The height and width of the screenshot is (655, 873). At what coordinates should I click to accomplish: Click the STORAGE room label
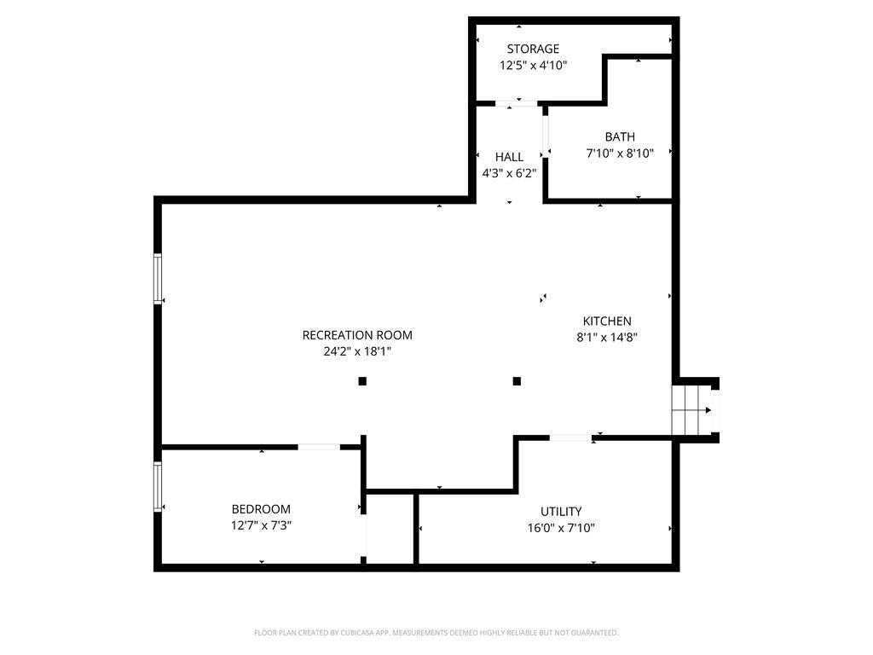point(533,49)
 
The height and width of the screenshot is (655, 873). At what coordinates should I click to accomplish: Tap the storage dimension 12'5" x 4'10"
point(533,65)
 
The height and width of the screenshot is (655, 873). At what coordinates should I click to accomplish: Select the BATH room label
point(620,136)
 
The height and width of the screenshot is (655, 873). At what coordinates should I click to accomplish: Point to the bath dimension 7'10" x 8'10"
point(620,154)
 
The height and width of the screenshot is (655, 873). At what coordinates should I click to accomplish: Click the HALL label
point(509,157)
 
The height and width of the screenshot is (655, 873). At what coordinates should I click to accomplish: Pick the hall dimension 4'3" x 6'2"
point(509,173)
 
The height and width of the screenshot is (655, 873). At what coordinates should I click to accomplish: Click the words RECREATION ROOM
point(357,335)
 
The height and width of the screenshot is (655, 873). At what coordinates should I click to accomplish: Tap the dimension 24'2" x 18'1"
point(357,351)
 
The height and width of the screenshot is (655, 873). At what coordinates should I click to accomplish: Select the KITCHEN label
point(607,321)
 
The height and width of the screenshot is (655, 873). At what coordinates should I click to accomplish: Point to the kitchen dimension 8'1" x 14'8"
point(607,337)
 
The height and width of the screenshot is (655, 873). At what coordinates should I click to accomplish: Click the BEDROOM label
point(261,509)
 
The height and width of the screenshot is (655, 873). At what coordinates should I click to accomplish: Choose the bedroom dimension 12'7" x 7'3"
point(261,525)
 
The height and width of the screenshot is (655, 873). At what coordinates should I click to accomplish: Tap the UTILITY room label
point(561,512)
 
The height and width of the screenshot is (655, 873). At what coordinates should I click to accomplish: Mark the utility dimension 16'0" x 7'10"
point(561,527)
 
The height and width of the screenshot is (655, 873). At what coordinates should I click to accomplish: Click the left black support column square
point(362,381)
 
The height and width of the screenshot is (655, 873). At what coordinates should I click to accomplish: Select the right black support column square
point(517,381)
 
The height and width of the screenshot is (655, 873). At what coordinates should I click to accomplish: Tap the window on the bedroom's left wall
point(158,487)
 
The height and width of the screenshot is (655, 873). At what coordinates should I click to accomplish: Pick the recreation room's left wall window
point(158,279)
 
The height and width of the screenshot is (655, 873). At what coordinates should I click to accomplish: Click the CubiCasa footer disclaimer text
point(436,633)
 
